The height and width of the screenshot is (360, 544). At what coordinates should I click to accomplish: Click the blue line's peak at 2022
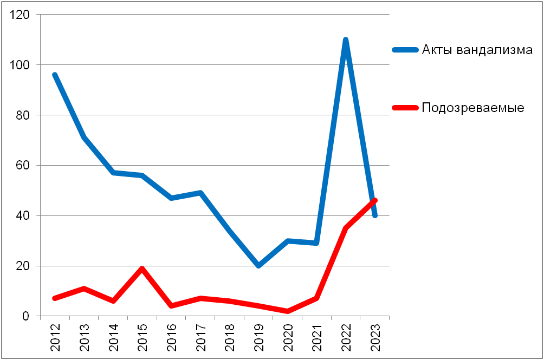(345, 40)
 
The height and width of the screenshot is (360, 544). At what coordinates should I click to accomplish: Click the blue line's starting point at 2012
(55, 75)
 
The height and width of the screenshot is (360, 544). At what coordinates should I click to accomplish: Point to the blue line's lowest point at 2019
(258, 266)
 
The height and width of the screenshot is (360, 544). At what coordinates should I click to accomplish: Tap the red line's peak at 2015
(142, 269)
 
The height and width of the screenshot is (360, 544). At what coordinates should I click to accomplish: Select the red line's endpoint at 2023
(374, 200)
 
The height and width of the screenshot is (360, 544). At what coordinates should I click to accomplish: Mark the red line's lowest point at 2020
(287, 311)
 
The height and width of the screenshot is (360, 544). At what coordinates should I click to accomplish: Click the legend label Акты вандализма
(477, 50)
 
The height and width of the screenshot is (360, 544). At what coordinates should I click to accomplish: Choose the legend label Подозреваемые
(473, 108)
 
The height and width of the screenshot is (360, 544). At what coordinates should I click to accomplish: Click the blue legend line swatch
(405, 50)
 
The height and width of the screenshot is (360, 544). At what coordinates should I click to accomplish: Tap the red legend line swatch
(405, 108)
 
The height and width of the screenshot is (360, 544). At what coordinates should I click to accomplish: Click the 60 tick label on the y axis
(23, 166)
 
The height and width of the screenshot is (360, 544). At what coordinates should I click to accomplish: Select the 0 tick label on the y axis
(26, 316)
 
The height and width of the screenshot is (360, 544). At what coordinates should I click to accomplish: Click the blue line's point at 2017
(200, 193)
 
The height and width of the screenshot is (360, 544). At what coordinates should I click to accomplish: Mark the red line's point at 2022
(345, 228)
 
